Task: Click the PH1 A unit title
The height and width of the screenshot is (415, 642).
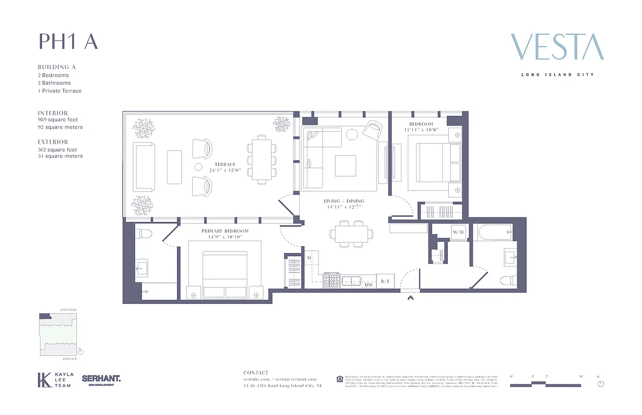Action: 68,42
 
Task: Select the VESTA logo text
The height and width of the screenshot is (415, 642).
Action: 557,47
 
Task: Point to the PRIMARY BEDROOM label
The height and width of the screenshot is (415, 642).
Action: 225,231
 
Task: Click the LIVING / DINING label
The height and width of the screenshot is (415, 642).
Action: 344,201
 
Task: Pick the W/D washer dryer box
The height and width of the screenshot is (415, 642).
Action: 458,232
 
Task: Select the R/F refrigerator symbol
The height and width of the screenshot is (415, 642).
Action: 385,281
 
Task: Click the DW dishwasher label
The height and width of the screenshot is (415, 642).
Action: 368,285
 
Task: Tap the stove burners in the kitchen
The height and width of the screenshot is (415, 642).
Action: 331,281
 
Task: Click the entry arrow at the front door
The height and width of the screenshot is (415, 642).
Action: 411,298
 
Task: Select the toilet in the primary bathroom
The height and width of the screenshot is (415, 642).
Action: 143,233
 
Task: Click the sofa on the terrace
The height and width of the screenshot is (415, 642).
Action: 144,167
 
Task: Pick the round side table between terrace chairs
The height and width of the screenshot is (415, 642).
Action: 198,167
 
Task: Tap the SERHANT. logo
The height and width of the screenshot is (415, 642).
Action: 101,380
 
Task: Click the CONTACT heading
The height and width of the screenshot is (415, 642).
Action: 256,372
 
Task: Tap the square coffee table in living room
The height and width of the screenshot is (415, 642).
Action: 345,166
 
